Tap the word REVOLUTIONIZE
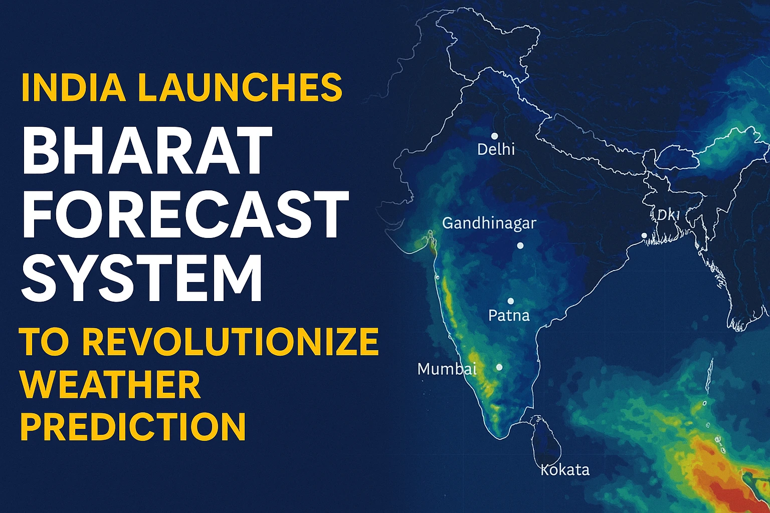point(230,342)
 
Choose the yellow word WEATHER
point(111,384)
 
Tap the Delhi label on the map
point(496,149)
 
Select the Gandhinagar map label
point(489,223)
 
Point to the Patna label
point(509,316)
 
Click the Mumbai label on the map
point(447,369)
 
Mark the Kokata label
point(565,470)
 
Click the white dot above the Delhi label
point(494,136)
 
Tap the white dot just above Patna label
point(511,302)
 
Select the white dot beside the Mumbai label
point(499,367)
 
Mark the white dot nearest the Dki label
point(644,235)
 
